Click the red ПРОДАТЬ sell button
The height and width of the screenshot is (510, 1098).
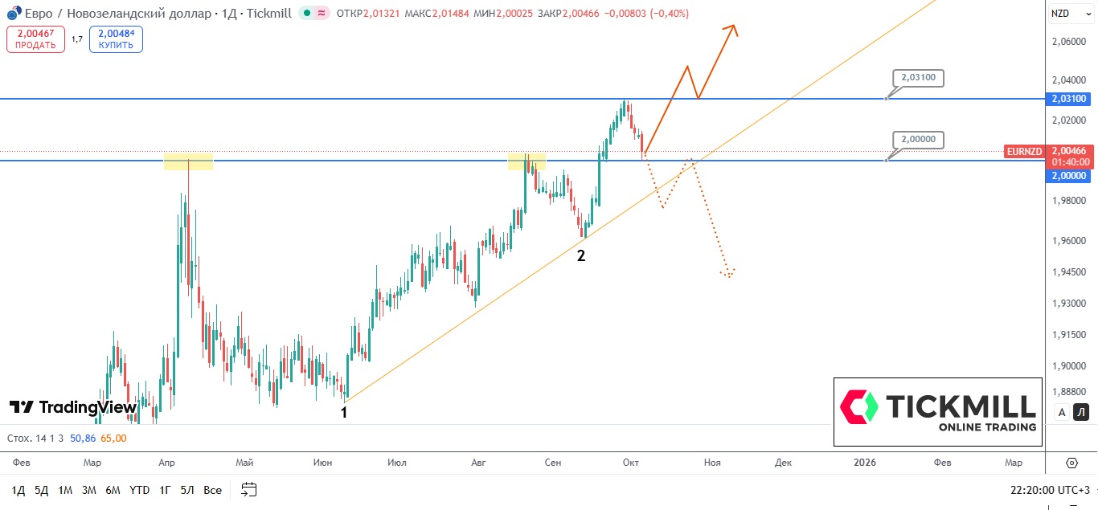pyautogui.click(x=35, y=39)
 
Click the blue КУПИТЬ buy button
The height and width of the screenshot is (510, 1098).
pyautogui.click(x=116, y=39)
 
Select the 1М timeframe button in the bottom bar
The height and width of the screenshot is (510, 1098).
pyautogui.click(x=65, y=490)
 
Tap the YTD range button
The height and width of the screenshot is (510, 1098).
pyautogui.click(x=139, y=490)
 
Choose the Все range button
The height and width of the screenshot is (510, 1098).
pyautogui.click(x=212, y=490)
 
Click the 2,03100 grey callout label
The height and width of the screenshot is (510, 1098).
pyautogui.click(x=919, y=78)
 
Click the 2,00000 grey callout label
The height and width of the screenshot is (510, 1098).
pyautogui.click(x=919, y=139)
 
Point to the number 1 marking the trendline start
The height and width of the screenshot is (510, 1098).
pyautogui.click(x=344, y=412)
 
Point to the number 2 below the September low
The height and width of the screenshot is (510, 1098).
pyautogui.click(x=580, y=256)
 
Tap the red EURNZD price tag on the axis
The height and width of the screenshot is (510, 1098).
pyautogui.click(x=1023, y=151)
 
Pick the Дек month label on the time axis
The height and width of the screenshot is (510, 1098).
pyautogui.click(x=783, y=463)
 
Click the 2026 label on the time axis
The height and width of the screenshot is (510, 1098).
pyautogui.click(x=865, y=463)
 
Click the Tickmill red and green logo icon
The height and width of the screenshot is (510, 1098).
pyautogui.click(x=859, y=406)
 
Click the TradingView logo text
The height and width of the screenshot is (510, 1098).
pyautogui.click(x=73, y=407)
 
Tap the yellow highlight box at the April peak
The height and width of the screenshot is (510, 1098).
pyautogui.click(x=188, y=161)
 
